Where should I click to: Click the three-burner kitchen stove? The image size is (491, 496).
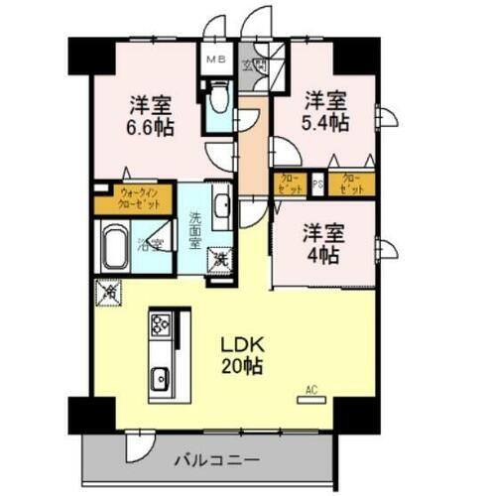[x=160, y=323]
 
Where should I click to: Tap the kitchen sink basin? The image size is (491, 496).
[x=160, y=377]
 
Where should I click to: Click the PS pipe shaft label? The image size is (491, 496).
[x=318, y=184]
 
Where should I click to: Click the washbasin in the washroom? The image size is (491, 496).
[x=222, y=206]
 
